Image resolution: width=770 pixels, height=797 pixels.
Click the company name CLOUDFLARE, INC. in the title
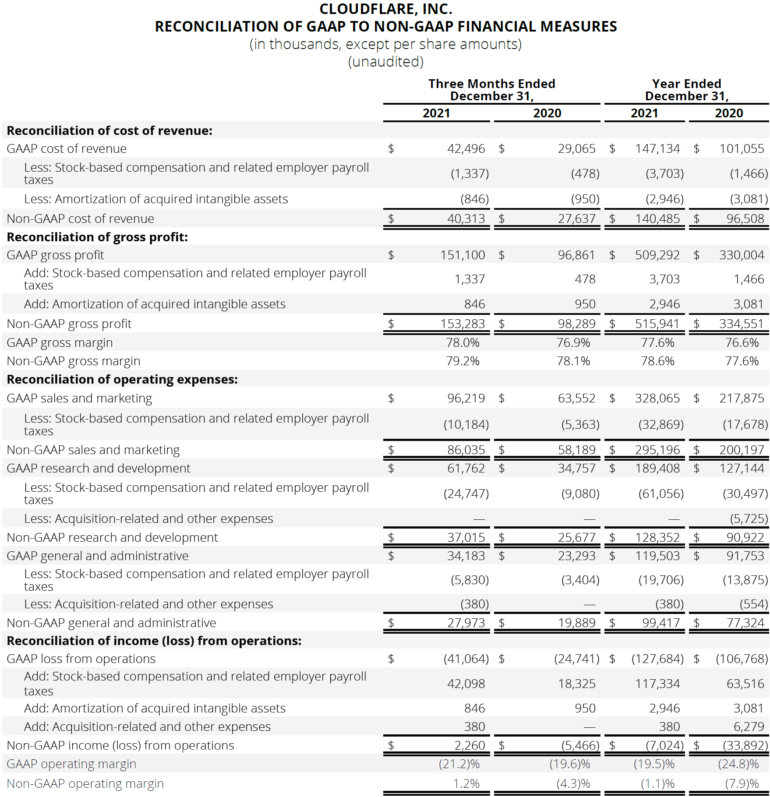pyautogui.click(x=385, y=9)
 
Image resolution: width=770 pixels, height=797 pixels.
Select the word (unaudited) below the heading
pyautogui.click(x=385, y=62)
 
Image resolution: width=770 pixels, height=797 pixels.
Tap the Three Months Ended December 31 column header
pyautogui.click(x=491, y=90)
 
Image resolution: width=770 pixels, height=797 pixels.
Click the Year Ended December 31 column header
pyautogui.click(x=686, y=90)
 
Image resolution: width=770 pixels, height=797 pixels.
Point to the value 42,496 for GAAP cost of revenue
pyautogui.click(x=466, y=149)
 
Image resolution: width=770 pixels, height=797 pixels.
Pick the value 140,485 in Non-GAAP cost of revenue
pyautogui.click(x=657, y=219)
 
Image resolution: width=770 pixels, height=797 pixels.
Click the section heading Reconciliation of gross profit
pyautogui.click(x=97, y=237)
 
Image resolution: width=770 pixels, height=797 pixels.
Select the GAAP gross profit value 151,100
pyautogui.click(x=462, y=255)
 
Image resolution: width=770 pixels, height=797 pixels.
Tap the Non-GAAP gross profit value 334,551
pyautogui.click(x=741, y=324)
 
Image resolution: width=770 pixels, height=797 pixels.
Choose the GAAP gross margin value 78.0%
pyautogui.click(x=463, y=342)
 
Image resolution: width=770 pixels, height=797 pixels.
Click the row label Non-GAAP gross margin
pyautogui.click(x=74, y=361)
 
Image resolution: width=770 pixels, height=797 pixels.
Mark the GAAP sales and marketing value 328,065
pyautogui.click(x=657, y=398)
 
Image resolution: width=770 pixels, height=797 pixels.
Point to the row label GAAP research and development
pyautogui.click(x=99, y=468)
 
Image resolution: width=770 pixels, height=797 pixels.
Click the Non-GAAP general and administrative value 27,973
pyautogui.click(x=466, y=623)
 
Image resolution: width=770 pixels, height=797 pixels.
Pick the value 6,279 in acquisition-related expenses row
pyautogui.click(x=749, y=726)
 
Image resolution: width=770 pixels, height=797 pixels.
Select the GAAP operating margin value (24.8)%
pyautogui.click(x=738, y=764)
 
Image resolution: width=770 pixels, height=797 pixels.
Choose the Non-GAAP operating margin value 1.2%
pyautogui.click(x=466, y=783)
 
